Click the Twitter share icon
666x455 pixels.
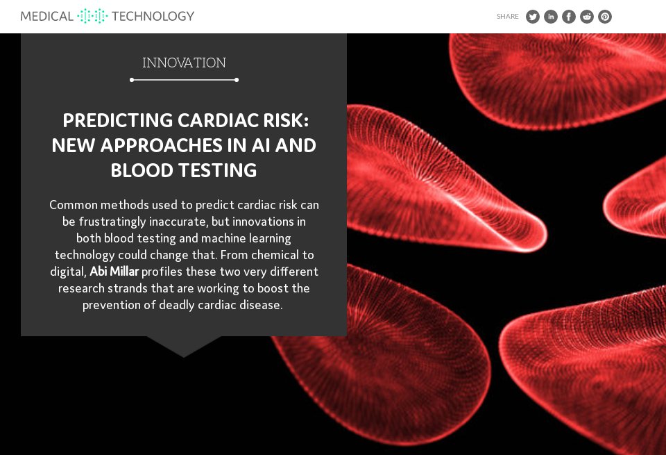tap(533, 17)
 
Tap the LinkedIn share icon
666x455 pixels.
tap(551, 17)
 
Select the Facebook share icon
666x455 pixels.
tap(569, 17)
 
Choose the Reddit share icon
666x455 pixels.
tap(587, 17)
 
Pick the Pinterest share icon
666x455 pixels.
tap(605, 17)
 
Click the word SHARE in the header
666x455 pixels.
tap(508, 17)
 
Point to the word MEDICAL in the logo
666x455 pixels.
tap(47, 16)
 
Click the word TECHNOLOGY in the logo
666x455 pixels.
tap(153, 16)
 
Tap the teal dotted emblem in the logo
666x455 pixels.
tap(92, 16)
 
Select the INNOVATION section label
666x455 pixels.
tap(184, 63)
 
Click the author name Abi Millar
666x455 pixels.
tap(114, 272)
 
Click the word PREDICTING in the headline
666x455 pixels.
tap(117, 120)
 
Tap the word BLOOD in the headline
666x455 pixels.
tap(142, 170)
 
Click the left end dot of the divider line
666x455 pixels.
tap(132, 80)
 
